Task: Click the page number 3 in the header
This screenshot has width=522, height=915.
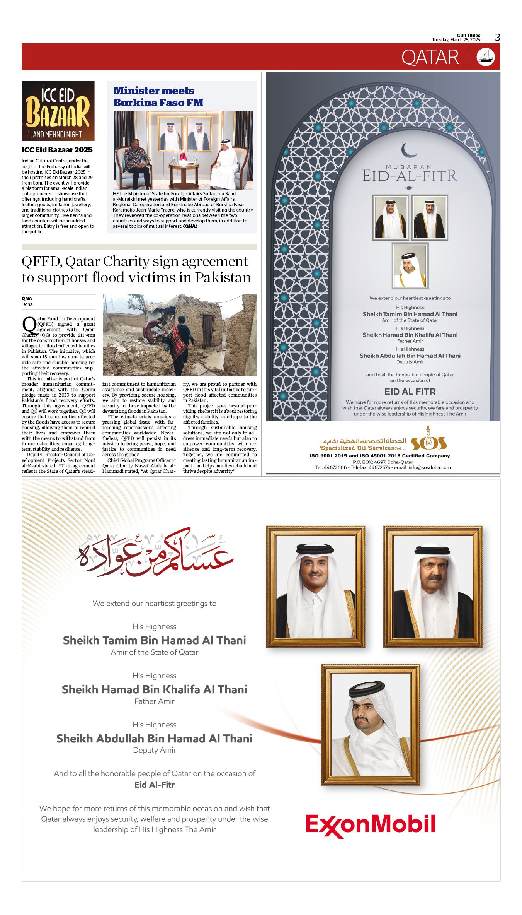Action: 498,37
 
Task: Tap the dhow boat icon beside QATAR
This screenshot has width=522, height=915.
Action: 486,57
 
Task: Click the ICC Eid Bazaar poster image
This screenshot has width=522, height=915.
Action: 58,111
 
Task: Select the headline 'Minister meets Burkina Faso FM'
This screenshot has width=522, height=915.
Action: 158,97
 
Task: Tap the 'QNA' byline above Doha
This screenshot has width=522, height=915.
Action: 27,298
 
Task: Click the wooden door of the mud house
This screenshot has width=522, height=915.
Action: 207,331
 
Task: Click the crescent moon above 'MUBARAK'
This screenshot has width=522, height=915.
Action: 409,150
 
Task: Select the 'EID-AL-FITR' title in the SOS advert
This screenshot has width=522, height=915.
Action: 410,176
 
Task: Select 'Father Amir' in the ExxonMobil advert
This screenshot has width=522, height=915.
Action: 155,701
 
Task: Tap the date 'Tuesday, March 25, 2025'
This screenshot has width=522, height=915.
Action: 456,40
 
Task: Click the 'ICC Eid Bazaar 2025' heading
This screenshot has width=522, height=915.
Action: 57,150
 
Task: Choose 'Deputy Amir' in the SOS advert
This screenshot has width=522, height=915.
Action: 410,362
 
